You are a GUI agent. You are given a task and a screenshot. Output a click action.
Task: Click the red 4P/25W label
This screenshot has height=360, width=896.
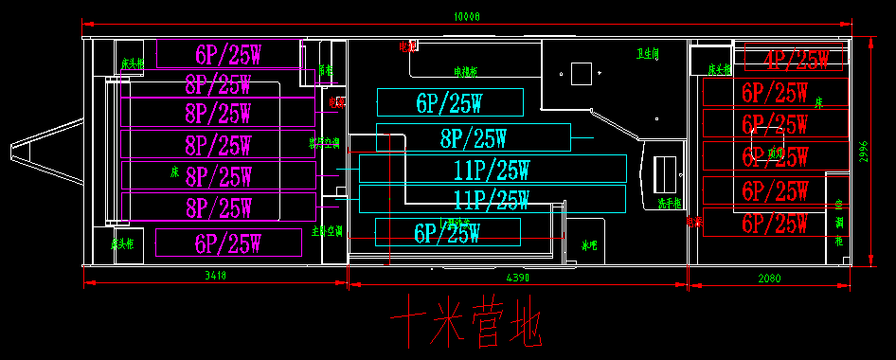pyautogui.click(x=789, y=61)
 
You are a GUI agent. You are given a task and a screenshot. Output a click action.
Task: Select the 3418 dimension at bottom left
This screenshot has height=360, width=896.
pyautogui.click(x=215, y=276)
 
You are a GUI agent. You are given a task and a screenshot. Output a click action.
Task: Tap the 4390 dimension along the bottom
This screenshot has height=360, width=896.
pyautogui.click(x=518, y=277)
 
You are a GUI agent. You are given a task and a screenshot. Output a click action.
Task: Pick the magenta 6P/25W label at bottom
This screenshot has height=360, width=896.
pyautogui.click(x=228, y=243)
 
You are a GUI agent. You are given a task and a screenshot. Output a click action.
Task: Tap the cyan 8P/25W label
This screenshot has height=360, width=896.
pyautogui.click(x=473, y=138)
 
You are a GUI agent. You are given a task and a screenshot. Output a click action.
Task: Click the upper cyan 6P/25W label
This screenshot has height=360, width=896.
pyautogui.click(x=449, y=102)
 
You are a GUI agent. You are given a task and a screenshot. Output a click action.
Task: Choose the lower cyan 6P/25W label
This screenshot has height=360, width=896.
pyautogui.click(x=447, y=232)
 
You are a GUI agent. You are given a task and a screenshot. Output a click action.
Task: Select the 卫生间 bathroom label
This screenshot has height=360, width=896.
pyautogui.click(x=648, y=54)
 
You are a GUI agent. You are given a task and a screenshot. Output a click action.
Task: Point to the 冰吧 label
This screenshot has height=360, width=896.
pyautogui.click(x=589, y=245)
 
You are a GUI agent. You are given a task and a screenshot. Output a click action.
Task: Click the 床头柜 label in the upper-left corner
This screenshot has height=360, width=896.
pyautogui.click(x=132, y=64)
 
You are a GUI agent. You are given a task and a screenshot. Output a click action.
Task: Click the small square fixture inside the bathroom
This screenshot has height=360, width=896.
pyautogui.click(x=581, y=72)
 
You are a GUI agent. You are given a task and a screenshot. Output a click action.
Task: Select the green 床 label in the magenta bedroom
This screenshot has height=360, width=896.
pyautogui.click(x=174, y=172)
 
